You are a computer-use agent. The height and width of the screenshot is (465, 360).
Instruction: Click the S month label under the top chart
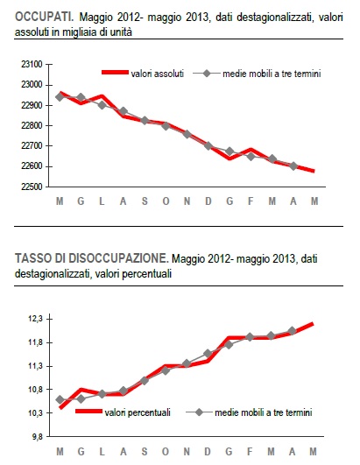tap(145, 202)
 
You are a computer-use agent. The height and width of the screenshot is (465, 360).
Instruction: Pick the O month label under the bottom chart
tap(166, 451)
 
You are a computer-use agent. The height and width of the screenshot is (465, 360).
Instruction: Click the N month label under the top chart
tap(187, 202)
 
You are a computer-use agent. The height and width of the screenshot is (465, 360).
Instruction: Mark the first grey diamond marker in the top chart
tap(60, 96)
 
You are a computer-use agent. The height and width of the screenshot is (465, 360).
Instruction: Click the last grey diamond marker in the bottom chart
tap(292, 331)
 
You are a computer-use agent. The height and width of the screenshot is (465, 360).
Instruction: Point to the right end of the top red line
tap(313, 171)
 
